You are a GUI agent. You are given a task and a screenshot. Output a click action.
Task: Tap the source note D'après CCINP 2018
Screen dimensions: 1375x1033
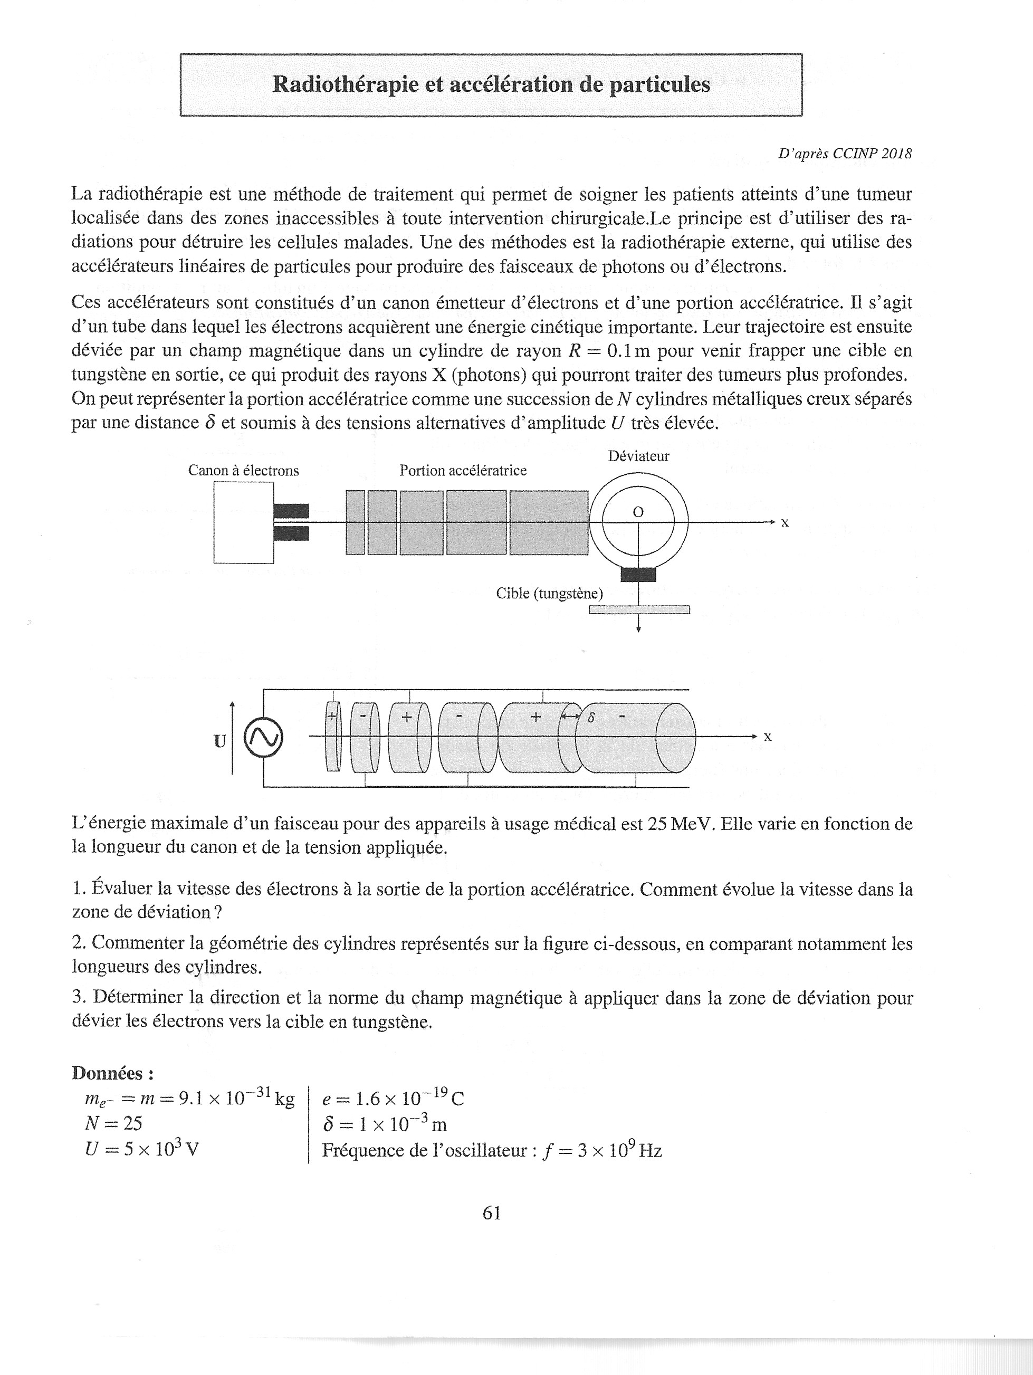844,154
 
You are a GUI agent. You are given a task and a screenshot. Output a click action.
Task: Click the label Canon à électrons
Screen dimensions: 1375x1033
243,471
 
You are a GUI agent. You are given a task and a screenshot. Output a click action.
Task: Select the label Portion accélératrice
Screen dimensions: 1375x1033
463,471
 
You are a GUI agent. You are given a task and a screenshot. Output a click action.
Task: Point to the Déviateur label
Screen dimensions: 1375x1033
638,456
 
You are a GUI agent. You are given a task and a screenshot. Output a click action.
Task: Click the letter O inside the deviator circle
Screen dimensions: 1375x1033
638,512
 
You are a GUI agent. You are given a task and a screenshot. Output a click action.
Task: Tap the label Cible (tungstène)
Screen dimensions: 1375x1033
549,594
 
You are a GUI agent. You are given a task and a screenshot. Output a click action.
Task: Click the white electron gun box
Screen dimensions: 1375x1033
243,523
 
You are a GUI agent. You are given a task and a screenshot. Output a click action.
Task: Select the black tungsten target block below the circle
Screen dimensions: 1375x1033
638,575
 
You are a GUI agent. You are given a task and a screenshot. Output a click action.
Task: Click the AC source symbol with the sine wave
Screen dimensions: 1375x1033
263,738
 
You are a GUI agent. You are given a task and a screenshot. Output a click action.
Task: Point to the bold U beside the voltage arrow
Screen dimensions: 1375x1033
219,741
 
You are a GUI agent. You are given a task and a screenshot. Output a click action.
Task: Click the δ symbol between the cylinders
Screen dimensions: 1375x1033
591,718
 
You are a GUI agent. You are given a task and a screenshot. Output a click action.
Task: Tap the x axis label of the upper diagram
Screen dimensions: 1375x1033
785,523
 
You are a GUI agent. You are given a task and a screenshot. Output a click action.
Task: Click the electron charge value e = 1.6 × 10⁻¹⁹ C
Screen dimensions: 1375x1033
393,1099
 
